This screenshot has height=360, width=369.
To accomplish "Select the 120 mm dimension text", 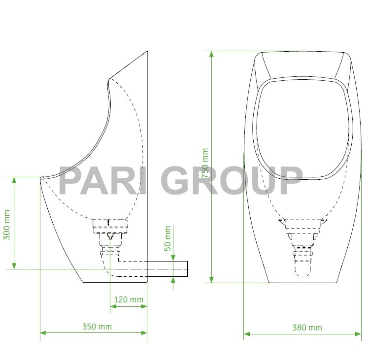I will click(128, 299).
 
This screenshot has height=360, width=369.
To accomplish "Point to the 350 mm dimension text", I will click(97, 326).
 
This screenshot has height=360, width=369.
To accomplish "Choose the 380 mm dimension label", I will click(307, 327).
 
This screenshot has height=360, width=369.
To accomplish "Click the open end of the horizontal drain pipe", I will click(188, 269).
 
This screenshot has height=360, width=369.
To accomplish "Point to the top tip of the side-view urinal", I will click(147, 51).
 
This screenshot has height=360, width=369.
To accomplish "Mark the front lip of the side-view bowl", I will click(41, 177).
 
